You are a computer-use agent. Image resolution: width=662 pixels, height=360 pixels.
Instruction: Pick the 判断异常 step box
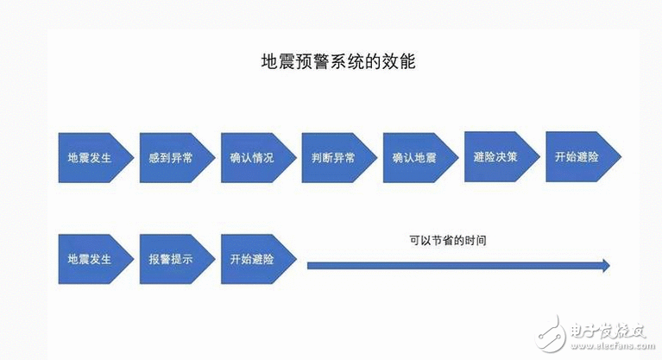[332, 159]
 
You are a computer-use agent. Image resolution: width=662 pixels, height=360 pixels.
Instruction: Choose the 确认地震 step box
[413, 159]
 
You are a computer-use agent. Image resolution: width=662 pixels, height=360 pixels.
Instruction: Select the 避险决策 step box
[495, 157]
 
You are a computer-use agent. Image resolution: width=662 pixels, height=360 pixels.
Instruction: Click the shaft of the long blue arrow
[449, 265]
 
